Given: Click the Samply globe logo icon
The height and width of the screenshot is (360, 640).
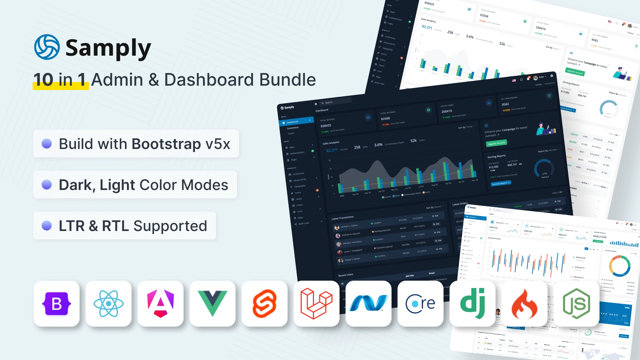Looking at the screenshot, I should [x=47, y=47].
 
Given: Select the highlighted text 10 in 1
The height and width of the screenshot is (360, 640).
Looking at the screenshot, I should [x=60, y=80].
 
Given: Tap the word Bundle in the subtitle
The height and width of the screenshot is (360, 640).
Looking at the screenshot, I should [x=287, y=80].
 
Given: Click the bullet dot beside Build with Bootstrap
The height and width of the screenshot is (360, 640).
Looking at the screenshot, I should [x=47, y=144].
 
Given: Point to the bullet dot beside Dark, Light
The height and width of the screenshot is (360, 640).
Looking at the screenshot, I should [x=47, y=185].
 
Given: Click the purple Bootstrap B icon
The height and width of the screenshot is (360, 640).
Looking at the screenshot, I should [x=57, y=304].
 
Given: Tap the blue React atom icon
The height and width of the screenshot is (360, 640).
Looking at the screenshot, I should [x=109, y=304].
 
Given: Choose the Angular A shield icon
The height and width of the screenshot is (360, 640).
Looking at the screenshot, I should [x=161, y=304].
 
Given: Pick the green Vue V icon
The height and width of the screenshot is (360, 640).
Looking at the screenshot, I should [x=213, y=303].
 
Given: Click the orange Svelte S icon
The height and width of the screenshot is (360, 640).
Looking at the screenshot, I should [x=265, y=304].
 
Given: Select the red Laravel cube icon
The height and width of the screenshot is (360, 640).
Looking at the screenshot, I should [x=316, y=304].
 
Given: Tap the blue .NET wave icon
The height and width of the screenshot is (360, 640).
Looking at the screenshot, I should [x=368, y=303].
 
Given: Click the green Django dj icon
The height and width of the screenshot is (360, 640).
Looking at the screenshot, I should [x=472, y=304].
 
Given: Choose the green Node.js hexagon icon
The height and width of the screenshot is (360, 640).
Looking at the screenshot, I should [x=576, y=304].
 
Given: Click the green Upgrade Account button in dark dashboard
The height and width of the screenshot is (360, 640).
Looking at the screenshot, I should [x=496, y=143].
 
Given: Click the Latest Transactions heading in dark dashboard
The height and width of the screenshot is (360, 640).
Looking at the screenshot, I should [x=343, y=218].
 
